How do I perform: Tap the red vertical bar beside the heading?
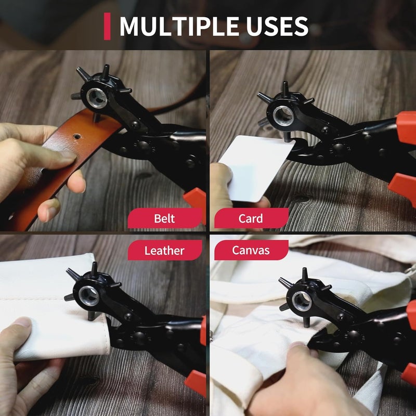click(x=107, y=27)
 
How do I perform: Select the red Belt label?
click(x=164, y=218)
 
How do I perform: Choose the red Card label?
click(x=251, y=218)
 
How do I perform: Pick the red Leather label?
click(x=164, y=250)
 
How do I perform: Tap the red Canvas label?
click(x=251, y=250)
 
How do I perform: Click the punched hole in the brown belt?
click(x=77, y=137)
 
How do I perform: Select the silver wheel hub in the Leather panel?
click(x=89, y=295)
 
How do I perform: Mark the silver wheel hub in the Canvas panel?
click(x=301, y=300)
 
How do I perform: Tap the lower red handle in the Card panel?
click(x=404, y=188)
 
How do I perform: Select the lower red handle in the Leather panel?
click(x=197, y=383)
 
